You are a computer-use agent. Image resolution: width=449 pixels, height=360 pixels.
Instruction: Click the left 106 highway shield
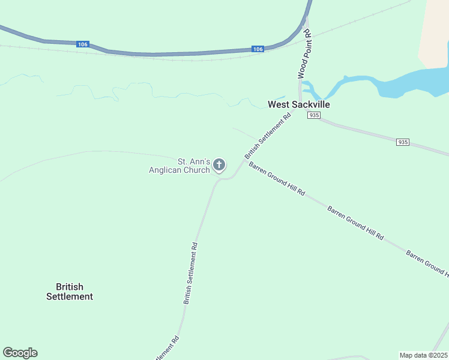point(83,44)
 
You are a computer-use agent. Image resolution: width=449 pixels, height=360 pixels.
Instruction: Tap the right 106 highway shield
point(257,49)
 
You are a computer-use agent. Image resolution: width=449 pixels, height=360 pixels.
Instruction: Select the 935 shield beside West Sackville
point(313,115)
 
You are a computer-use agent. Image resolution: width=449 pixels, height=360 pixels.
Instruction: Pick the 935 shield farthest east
point(403,142)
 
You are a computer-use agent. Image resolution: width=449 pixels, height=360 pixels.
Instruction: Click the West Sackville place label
point(298,104)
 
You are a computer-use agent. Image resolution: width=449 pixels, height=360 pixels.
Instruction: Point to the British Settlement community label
point(70,292)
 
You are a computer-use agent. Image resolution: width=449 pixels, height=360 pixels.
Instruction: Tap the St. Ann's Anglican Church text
point(179,166)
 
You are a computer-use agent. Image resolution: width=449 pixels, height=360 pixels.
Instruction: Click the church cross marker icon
point(220,164)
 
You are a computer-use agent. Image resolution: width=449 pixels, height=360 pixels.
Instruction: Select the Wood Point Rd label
point(305,54)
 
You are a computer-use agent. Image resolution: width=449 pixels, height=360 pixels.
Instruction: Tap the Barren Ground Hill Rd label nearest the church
point(277,179)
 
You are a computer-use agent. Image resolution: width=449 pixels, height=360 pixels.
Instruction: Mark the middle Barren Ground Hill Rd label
point(355,223)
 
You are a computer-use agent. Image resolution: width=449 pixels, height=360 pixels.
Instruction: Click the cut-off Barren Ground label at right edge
point(427,264)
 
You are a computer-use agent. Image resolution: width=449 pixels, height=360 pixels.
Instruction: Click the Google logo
point(20,353)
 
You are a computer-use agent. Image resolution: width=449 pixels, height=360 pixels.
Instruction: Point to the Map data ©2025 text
point(423,355)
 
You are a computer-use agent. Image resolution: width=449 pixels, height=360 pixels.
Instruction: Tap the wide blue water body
point(414,81)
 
